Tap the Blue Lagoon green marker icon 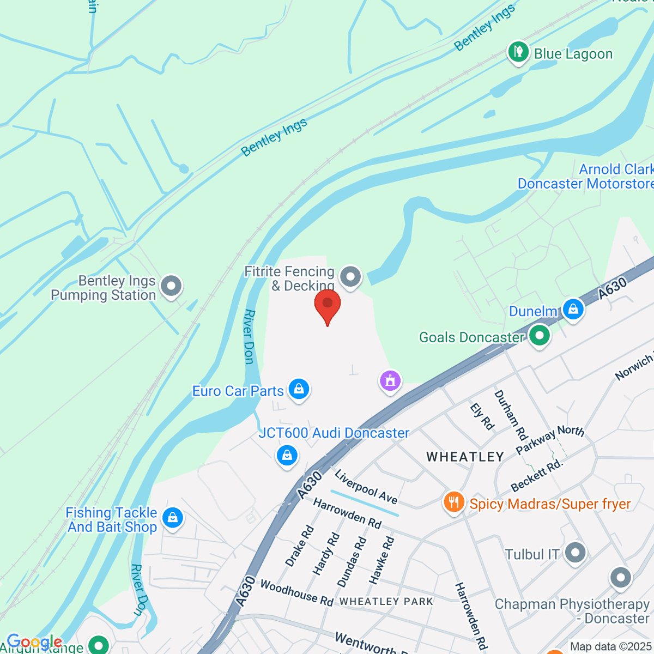pos(518,52)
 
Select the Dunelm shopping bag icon pos(573,310)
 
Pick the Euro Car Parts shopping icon pos(299,389)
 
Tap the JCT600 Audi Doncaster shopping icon pos(287,455)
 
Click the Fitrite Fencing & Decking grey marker pos(350,277)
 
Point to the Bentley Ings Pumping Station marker pos(172,286)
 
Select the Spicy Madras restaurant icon pos(453,502)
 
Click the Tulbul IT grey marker pos(575,553)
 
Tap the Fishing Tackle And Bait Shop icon pos(172,518)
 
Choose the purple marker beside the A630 pos(390,380)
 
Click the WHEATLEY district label pos(465,457)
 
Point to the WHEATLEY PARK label pos(386,601)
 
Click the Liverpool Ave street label pos(366,486)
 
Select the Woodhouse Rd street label pos(296,592)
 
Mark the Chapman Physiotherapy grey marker pos(620,578)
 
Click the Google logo pos(34,641)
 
